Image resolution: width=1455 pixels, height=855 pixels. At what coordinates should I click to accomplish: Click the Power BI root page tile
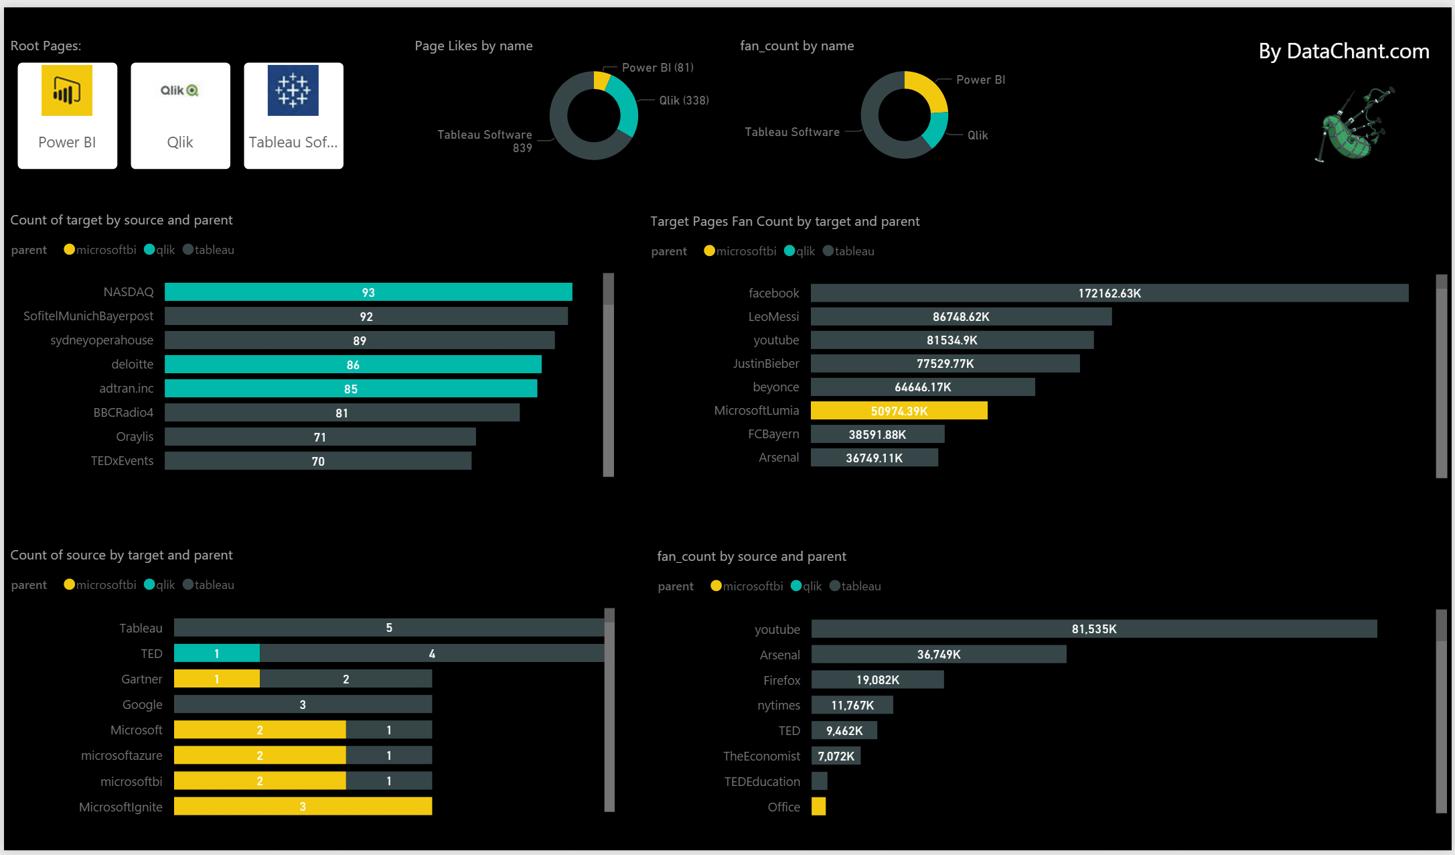coord(67,115)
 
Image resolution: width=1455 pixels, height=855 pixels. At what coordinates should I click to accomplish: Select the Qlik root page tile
coord(180,115)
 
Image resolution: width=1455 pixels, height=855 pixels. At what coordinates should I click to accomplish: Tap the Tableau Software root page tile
coord(293,115)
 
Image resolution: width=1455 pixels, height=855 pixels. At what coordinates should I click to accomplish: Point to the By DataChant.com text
coord(1343,52)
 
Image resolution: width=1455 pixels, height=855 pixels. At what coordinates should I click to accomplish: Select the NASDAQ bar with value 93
coord(368,292)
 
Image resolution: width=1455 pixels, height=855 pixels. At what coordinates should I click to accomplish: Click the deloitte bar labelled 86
coord(353,365)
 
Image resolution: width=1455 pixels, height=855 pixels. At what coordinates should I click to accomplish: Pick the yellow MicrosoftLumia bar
coord(899,411)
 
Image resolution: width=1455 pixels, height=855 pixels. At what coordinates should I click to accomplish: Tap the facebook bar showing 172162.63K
coord(1109,293)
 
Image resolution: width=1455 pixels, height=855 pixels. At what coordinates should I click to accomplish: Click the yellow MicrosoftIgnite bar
coord(303,806)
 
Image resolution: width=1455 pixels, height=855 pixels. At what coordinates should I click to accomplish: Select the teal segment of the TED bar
coord(216,653)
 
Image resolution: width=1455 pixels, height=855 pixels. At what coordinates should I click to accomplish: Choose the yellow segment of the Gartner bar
coord(216,679)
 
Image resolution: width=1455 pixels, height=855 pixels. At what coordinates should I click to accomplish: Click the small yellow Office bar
coord(818,807)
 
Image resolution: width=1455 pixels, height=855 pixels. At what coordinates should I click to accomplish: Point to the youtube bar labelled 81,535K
coord(1093,629)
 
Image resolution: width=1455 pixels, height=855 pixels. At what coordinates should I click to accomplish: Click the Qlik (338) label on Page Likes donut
coord(684,101)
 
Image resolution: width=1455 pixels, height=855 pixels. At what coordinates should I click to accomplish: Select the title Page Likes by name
coord(473,46)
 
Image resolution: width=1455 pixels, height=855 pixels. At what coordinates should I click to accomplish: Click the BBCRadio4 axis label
coord(123,413)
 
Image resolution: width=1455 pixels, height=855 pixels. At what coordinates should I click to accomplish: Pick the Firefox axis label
coord(781,680)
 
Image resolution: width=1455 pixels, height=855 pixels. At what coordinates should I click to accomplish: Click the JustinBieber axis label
coord(765,364)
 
